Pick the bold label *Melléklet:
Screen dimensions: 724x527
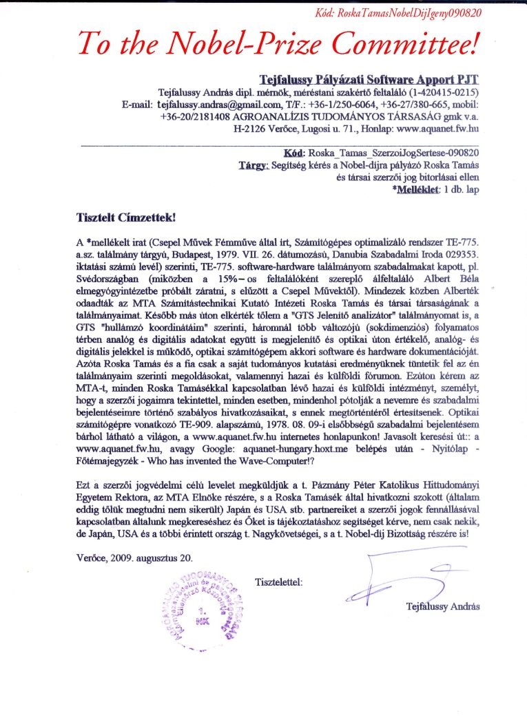click(417, 188)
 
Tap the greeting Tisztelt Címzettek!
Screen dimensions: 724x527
click(127, 217)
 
